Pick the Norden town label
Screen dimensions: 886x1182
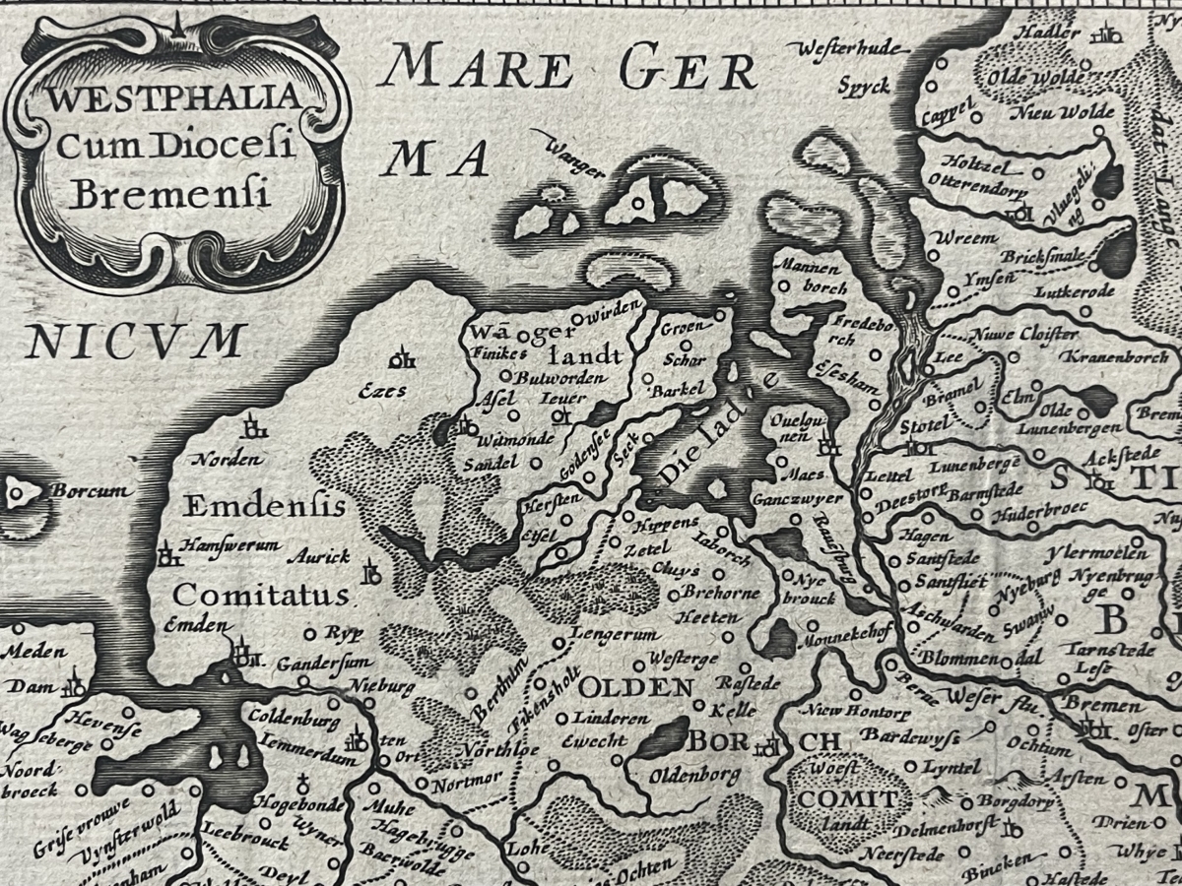click(x=228, y=460)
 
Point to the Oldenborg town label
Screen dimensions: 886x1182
click(x=695, y=775)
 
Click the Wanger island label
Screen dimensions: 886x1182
click(x=573, y=156)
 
